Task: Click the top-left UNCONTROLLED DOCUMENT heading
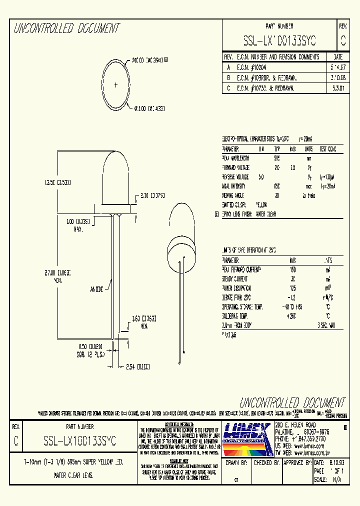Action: [x=66, y=29]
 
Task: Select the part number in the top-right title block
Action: [x=279, y=40]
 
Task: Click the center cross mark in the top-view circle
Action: [x=116, y=84]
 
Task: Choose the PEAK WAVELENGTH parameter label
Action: [x=238, y=158]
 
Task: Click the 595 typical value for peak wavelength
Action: [x=277, y=158]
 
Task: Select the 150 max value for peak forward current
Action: [x=292, y=269]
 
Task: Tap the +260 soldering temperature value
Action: [x=292, y=316]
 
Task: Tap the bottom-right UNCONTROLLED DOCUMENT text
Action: [x=292, y=402]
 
